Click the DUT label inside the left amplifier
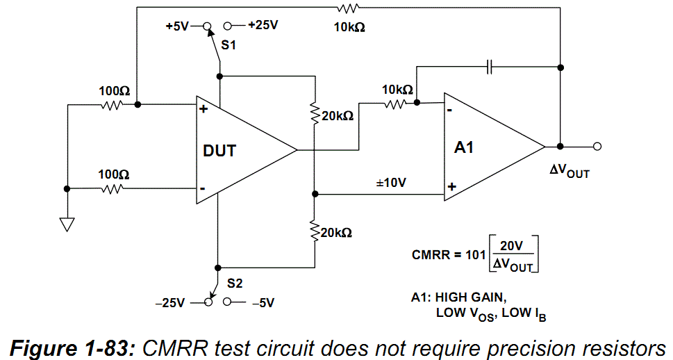click(219, 151)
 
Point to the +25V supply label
click(263, 25)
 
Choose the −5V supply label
click(263, 303)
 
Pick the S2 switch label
click(235, 284)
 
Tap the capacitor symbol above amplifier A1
click(490, 67)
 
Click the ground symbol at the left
click(67, 224)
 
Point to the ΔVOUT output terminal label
click(570, 171)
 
